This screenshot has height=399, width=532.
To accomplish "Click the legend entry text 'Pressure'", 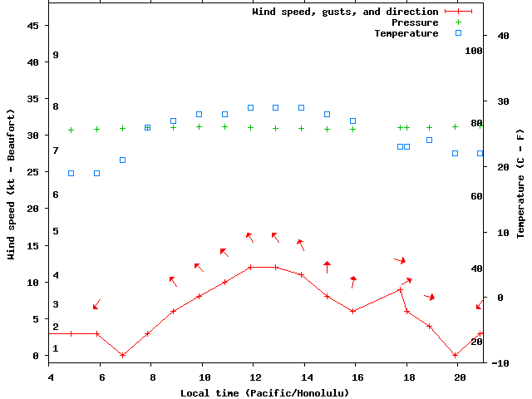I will [415, 22].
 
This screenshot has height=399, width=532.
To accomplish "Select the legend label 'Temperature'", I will [406, 33].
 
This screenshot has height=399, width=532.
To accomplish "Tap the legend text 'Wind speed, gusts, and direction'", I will [345, 12].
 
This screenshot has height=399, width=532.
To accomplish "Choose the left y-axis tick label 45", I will [34, 26].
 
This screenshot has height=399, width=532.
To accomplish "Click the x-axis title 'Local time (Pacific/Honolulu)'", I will [264, 392].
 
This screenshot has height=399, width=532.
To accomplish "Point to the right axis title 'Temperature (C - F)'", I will [520, 183].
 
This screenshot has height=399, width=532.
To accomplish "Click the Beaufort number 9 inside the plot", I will [55, 55].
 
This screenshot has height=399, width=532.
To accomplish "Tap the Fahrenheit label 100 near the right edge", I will [474, 51].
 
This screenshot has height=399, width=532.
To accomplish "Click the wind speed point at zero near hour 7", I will [122, 355].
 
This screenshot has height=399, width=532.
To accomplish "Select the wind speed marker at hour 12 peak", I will [250, 268].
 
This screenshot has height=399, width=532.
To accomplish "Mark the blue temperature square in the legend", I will [458, 33].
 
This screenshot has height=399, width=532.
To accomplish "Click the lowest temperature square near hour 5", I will [71, 174].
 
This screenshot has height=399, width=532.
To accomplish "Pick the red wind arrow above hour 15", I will [327, 266].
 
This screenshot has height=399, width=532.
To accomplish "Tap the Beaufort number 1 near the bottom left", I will [55, 348].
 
